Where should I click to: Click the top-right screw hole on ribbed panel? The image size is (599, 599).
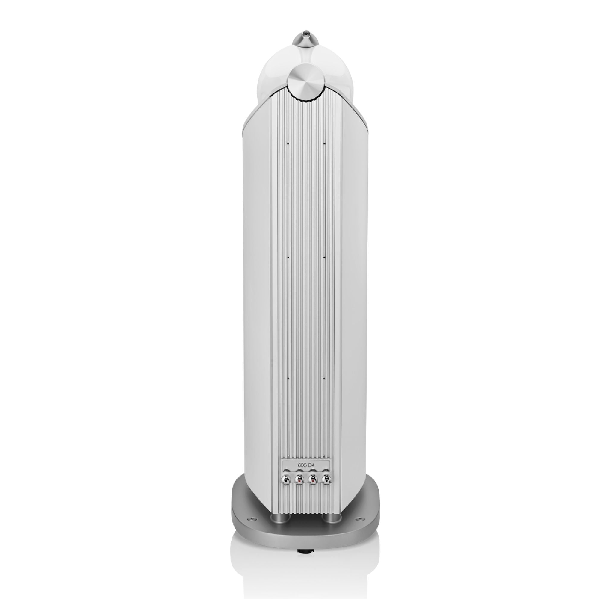tap(324, 143)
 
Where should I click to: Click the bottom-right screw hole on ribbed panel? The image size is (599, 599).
tap(324, 378)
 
